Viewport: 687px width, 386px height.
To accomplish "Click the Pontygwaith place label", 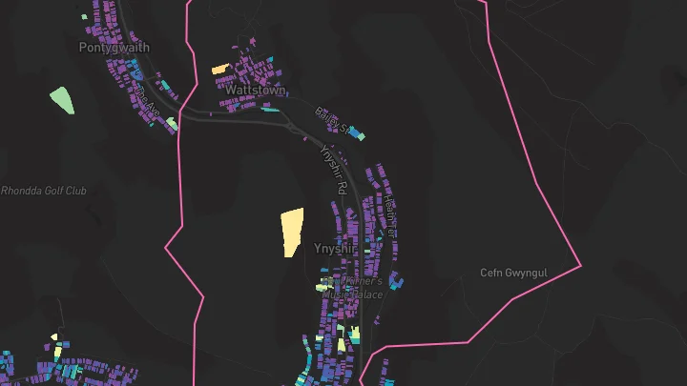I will [114, 47].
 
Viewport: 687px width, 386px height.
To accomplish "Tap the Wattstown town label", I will [255, 90].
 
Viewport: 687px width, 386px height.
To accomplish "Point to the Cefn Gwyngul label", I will [515, 273].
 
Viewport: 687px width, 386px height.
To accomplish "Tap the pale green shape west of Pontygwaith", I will [61, 99].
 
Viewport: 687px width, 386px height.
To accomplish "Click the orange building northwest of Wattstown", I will [219, 70].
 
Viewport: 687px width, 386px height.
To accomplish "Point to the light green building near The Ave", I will [172, 123].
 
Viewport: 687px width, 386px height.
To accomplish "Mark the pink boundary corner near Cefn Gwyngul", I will [580, 264].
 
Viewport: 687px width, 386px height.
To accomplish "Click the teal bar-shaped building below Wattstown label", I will [270, 109].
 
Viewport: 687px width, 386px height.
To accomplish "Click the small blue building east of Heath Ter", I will [397, 280].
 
